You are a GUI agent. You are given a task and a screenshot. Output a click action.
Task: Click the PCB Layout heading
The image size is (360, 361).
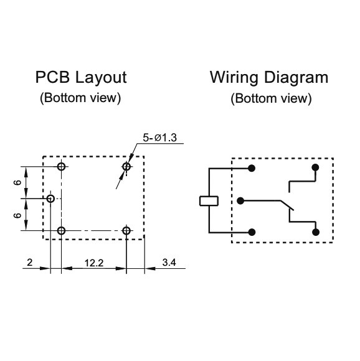click(81, 77)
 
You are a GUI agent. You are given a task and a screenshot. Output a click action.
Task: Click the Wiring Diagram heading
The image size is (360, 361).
click(269, 78)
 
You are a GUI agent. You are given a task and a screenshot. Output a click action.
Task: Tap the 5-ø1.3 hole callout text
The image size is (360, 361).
click(159, 138)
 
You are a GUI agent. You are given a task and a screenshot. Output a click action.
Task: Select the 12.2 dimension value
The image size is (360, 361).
click(94, 263)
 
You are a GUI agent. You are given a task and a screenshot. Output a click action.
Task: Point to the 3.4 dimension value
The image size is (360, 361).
click(169, 263)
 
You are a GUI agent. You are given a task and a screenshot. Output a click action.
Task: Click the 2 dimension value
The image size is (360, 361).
click(30, 263)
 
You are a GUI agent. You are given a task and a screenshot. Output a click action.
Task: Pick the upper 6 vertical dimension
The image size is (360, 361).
click(17, 182)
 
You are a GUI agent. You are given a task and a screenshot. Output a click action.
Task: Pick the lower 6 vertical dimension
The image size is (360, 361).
click(17, 215)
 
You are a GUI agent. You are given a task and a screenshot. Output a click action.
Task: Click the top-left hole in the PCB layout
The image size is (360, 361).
click(61, 166)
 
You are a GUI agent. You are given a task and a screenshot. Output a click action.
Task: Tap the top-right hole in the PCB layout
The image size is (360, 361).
click(126, 166)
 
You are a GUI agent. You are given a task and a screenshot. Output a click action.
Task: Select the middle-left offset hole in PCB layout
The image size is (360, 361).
click(50, 199)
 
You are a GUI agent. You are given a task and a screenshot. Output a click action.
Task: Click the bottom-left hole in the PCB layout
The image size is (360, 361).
click(61, 230)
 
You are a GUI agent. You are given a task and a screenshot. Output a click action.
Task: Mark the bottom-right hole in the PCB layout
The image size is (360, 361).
click(126, 230)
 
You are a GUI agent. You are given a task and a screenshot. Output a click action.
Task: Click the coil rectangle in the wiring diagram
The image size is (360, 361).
click(209, 201)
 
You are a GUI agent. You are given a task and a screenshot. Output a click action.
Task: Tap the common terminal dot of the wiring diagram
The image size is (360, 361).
click(240, 201)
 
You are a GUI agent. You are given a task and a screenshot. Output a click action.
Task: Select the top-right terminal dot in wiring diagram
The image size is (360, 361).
click(315, 167)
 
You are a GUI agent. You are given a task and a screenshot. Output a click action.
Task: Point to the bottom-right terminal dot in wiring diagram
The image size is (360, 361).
click(316, 232)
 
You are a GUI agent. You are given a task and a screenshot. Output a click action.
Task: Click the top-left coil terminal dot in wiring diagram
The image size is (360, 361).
click(252, 168)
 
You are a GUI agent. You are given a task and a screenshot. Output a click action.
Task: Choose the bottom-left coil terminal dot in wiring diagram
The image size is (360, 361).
click(252, 232)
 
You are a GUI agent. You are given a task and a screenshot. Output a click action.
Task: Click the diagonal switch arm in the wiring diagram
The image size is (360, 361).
click(287, 205)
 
